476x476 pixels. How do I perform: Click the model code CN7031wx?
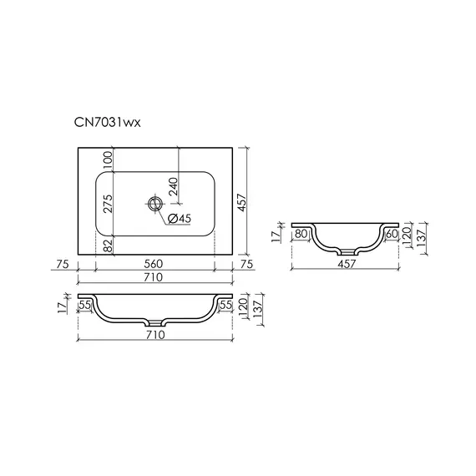coord(103,123)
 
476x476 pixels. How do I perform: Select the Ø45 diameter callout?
coord(180,219)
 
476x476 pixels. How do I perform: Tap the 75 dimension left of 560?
coord(61,264)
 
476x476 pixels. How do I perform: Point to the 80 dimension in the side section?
coord(302,235)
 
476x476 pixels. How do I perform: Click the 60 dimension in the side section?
coord(390,235)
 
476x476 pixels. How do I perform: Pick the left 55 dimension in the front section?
coord(84,306)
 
